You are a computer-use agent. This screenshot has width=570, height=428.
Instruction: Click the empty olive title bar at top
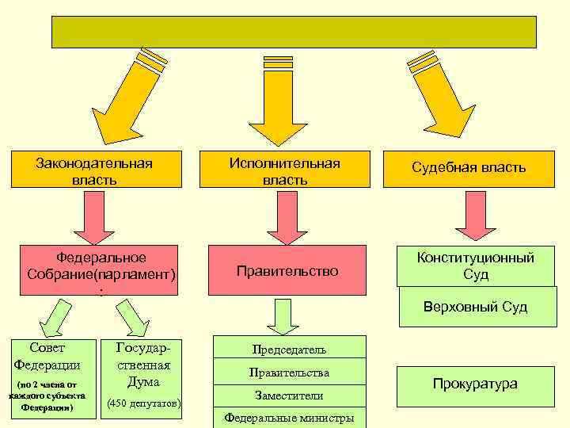294,32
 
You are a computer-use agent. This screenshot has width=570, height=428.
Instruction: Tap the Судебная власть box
468,168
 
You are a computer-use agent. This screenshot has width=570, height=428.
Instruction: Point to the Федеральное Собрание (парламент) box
101,269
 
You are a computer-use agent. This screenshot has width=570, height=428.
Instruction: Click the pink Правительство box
287,271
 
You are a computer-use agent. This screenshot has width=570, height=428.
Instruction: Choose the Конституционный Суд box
477,266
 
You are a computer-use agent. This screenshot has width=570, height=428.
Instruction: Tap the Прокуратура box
475,384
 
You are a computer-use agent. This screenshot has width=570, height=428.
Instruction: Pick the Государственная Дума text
143,365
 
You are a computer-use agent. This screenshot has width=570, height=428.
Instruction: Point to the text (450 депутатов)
143,404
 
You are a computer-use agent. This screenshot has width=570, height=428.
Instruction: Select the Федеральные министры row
289,418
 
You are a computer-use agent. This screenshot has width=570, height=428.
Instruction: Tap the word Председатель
289,349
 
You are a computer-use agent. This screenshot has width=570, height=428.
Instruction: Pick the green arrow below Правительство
281,315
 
